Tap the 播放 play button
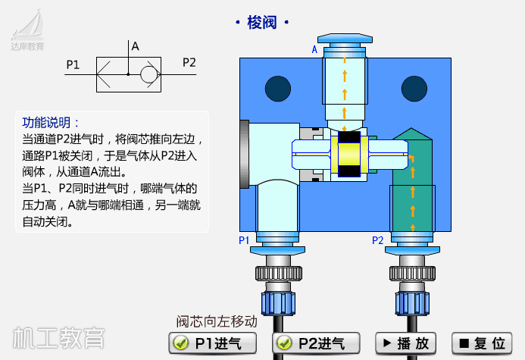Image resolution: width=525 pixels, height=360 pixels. pyautogui.click(x=406, y=343)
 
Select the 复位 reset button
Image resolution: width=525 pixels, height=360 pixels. pyautogui.click(x=481, y=343)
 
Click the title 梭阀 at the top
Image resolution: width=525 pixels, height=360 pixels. pyautogui.click(x=262, y=23)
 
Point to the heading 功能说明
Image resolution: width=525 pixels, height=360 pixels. pyautogui.click(x=50, y=123)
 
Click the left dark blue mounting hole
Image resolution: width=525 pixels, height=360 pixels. pyautogui.click(x=278, y=88)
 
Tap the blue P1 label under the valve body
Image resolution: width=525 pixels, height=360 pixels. pyautogui.click(x=244, y=240)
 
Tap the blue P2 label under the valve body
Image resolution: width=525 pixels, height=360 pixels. pyautogui.click(x=377, y=240)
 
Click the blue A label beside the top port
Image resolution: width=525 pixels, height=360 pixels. pyautogui.click(x=315, y=50)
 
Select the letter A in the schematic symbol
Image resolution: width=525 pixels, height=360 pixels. pyautogui.click(x=135, y=46)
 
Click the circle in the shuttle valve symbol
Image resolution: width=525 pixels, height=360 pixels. pyautogui.click(x=148, y=74)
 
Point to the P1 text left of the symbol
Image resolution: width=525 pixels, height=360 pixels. pyautogui.click(x=73, y=64)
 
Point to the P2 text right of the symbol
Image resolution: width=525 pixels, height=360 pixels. pyautogui.click(x=189, y=63)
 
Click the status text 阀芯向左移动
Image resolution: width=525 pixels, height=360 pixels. pyautogui.click(x=217, y=321)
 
